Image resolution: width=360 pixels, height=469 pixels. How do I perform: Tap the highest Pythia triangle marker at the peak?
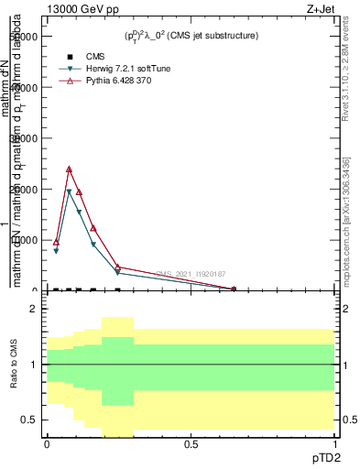click(70, 169)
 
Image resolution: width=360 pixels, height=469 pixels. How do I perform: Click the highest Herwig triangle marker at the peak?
click(70, 192)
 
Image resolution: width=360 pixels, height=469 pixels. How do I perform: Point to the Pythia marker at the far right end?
click(234, 289)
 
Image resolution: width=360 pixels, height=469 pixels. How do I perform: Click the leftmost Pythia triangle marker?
click(56, 242)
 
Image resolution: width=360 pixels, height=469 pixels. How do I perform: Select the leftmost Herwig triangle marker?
click(56, 251)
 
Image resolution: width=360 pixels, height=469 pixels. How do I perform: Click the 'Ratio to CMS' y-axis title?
click(14, 376)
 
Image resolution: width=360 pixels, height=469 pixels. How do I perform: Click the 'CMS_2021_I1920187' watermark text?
click(190, 274)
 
